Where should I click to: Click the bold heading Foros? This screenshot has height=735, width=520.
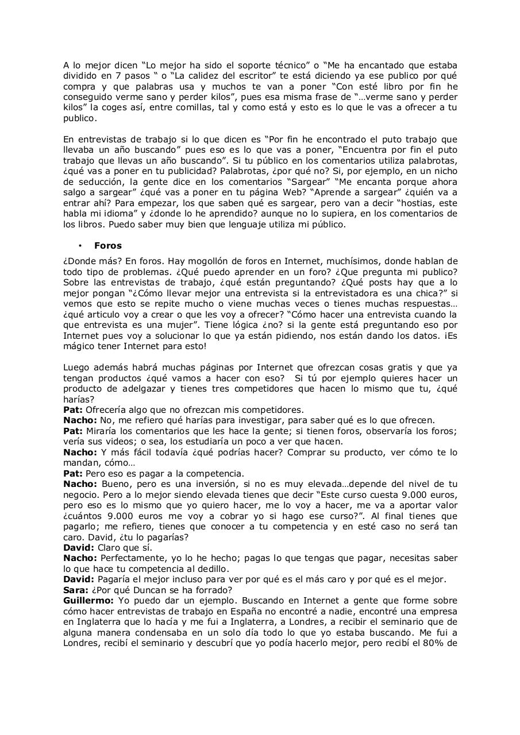(108, 246)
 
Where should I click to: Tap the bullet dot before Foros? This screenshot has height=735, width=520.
(81, 246)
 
